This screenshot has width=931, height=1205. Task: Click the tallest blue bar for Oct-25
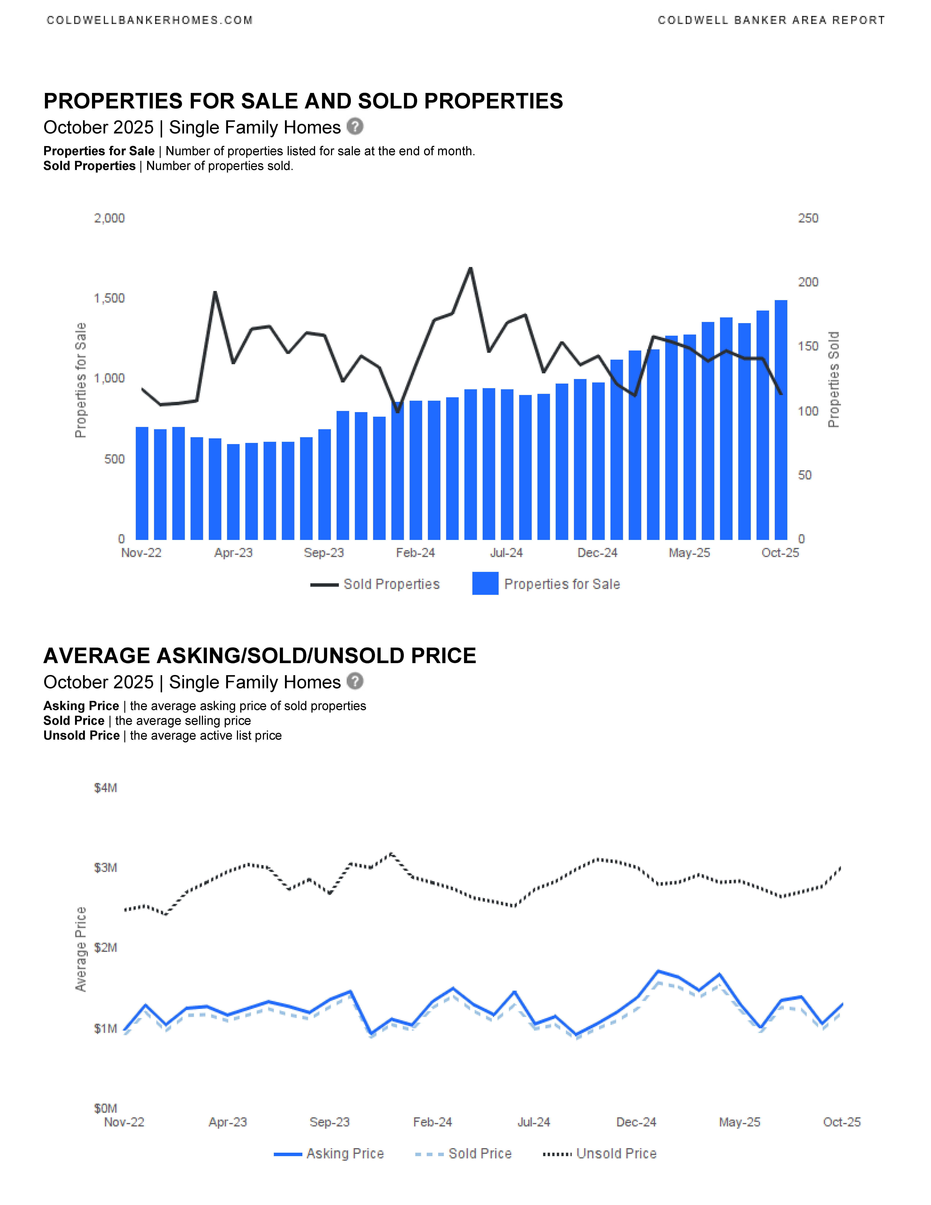(780, 419)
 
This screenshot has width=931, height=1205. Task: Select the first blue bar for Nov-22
(142, 483)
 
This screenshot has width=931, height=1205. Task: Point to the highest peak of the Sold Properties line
(470, 269)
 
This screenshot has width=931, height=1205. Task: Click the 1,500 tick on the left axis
(109, 299)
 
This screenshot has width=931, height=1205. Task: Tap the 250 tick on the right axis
(808, 219)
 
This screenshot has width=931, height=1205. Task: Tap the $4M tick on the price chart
(105, 788)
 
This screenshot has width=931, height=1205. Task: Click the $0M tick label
(105, 1108)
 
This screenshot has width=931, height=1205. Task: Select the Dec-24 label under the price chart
(636, 1122)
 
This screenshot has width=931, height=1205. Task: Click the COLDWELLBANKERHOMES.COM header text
(150, 20)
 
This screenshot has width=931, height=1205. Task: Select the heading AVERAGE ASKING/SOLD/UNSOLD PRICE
(260, 655)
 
